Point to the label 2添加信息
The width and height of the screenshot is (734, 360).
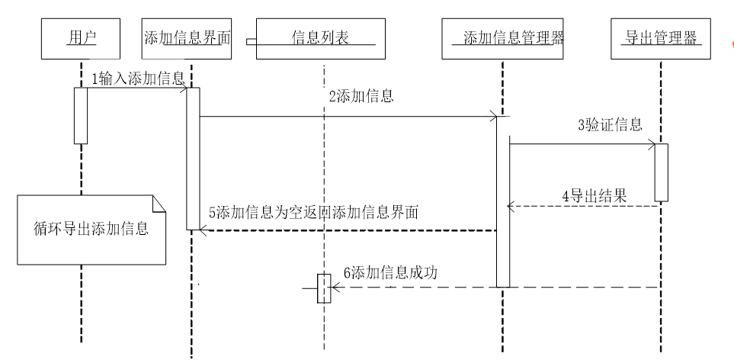click(x=361, y=96)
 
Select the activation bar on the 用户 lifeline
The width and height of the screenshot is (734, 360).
click(x=81, y=115)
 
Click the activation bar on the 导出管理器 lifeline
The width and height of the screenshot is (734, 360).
click(x=661, y=172)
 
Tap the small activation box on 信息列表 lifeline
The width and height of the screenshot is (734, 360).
click(x=324, y=288)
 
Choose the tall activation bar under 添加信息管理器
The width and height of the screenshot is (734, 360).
click(x=503, y=202)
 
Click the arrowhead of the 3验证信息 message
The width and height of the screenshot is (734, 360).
click(x=651, y=143)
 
